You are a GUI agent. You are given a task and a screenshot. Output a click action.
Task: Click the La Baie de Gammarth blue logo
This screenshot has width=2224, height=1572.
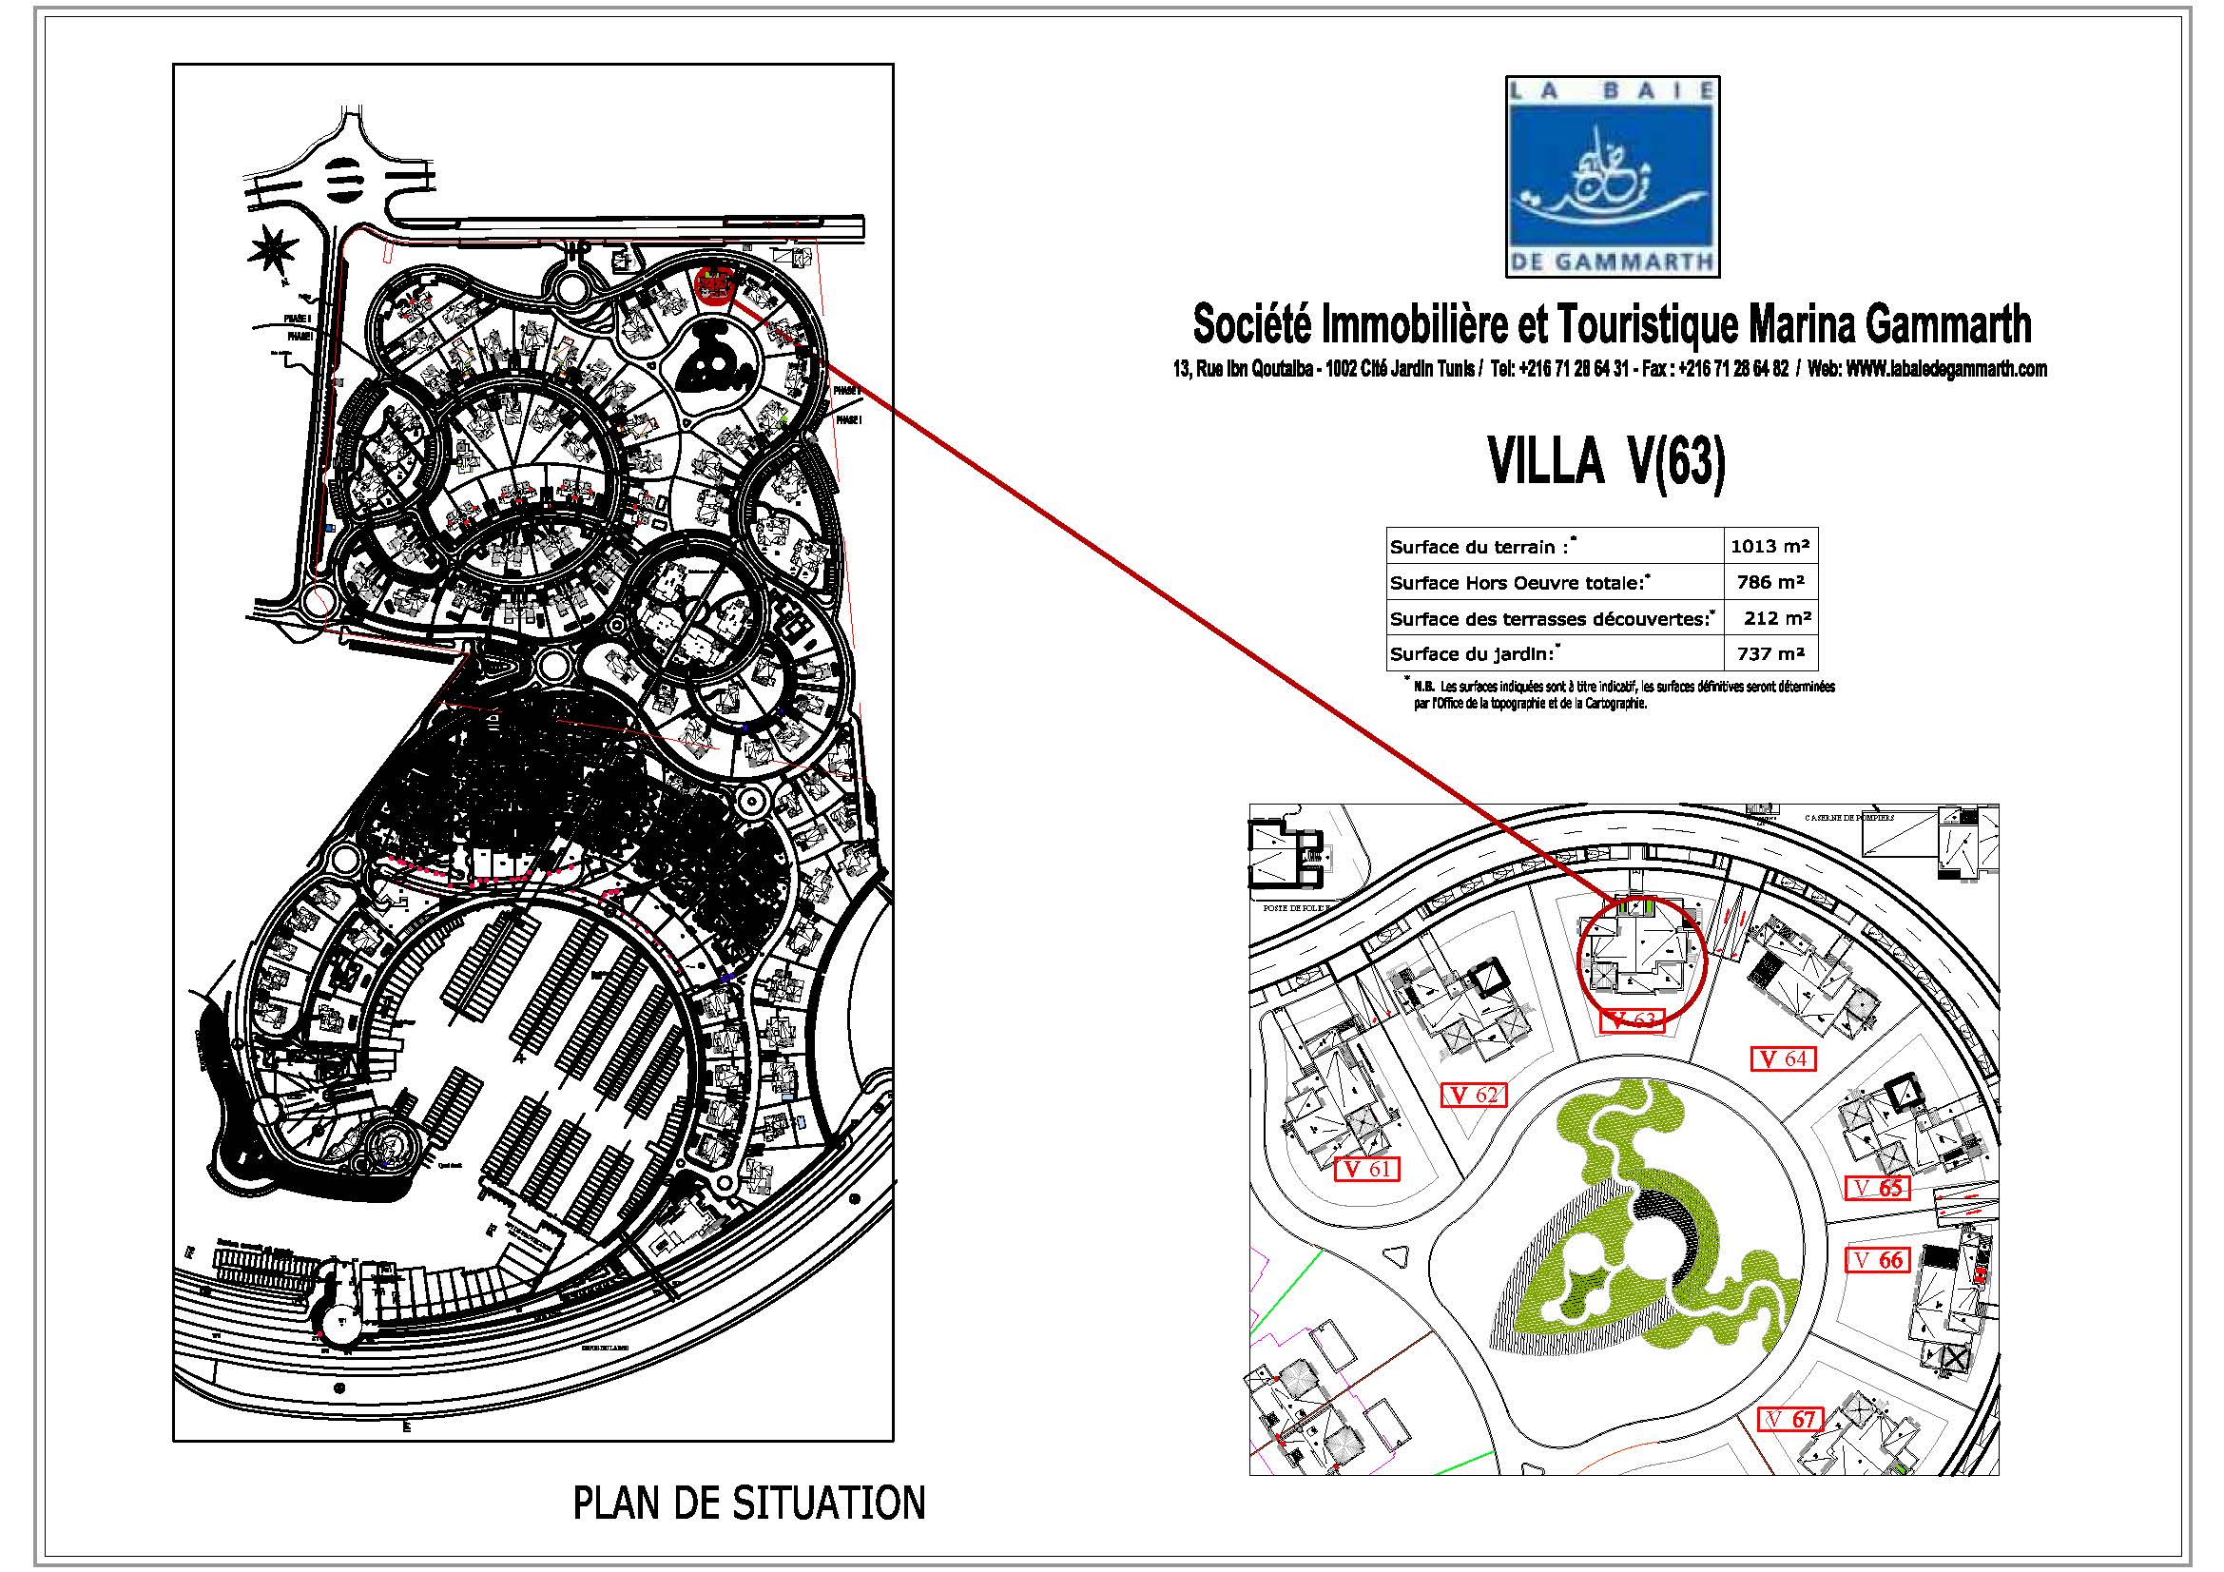1612,176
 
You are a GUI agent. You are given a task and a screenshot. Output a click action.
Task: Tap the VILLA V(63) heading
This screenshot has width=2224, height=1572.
1607,462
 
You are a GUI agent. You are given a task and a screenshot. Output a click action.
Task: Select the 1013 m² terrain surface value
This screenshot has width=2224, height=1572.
1770,546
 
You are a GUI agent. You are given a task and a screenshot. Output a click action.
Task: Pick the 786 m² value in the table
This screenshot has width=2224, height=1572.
1770,582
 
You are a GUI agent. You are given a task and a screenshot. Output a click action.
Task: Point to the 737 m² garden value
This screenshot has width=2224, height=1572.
1770,653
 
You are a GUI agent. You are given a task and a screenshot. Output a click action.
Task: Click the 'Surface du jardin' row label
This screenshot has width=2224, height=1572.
1471,654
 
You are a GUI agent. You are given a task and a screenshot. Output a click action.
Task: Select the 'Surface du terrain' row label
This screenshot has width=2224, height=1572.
1479,547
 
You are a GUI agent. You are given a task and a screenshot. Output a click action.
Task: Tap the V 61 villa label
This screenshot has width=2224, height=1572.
1365,1169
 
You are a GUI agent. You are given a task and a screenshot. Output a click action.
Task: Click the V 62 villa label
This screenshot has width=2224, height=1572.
1473,1095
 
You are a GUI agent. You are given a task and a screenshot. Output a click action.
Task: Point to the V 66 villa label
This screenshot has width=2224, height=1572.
1878,1260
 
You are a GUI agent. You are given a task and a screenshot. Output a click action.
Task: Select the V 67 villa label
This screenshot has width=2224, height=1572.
1790,1420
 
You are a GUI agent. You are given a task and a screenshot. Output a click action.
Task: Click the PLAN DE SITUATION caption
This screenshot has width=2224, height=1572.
748,1504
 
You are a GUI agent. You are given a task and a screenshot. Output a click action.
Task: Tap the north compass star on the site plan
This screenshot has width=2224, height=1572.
272,251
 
